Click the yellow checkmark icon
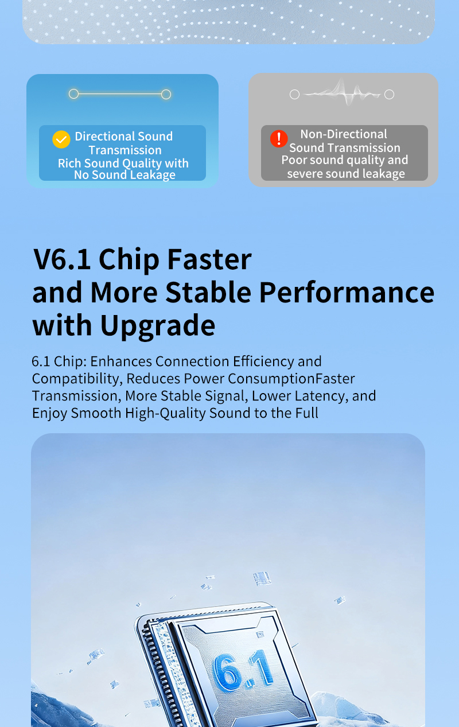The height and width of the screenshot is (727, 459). pos(61,139)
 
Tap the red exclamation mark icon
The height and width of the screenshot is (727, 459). pos(279,139)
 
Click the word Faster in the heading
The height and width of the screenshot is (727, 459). pos(209,259)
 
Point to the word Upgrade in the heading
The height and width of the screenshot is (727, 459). pos(158,325)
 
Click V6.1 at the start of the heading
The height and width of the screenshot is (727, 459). pos(63,259)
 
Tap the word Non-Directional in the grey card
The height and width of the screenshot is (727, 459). pos(344,134)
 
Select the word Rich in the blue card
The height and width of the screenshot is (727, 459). pos(70,164)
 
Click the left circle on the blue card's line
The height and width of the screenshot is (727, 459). pos(73,94)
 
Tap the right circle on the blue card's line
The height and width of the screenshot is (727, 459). pos(166,94)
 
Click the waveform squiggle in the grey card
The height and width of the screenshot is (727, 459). pos(342,94)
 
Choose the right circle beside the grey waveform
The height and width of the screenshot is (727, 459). pos(389,94)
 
